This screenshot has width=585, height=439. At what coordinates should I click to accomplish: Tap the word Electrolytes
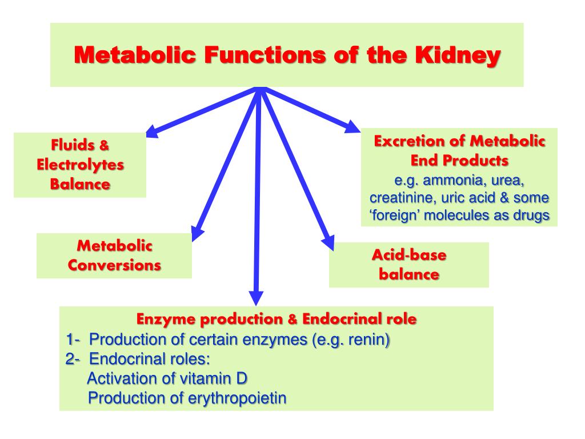coord(80,165)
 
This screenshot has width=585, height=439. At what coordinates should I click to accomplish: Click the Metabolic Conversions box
coord(114,256)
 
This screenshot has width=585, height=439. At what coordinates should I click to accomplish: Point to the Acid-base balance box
coord(408,264)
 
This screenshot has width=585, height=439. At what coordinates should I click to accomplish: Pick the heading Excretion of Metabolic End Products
coord(459,150)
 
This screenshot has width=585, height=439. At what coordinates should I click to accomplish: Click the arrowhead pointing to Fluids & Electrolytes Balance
coord(152,132)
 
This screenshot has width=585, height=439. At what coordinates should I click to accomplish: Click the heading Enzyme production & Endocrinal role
coord(277,319)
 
